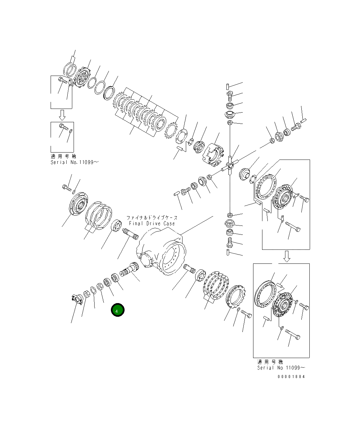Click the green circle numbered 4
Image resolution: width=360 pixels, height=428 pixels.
(118, 310)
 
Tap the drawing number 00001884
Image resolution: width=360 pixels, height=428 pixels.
(291, 377)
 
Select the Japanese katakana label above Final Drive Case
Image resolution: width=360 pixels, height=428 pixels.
(152, 217)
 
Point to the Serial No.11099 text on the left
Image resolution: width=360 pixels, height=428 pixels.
(75, 162)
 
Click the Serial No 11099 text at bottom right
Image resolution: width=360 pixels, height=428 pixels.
(281, 368)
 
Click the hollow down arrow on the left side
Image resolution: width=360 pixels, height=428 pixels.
(62, 115)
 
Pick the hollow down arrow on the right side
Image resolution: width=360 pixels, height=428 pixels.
(286, 256)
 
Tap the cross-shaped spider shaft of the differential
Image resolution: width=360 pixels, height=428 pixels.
(230, 165)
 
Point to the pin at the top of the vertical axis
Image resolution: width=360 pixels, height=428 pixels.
(227, 88)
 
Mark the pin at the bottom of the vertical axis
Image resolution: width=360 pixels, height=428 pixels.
(228, 252)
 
